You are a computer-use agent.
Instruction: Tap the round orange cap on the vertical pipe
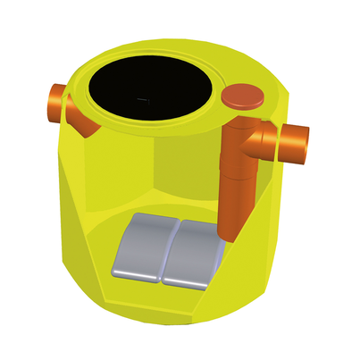(242, 96)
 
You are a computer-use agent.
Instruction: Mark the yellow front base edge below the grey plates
(170, 308)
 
